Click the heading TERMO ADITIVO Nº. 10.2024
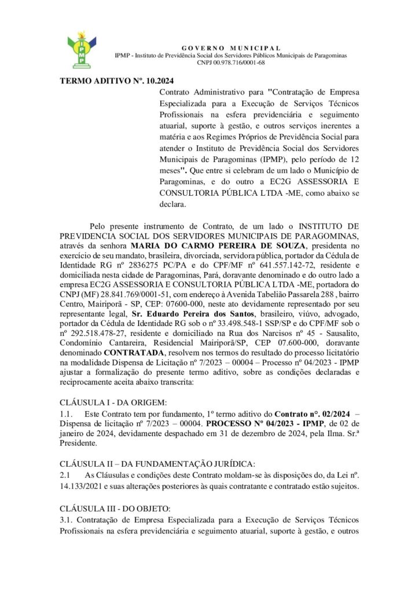(117, 80)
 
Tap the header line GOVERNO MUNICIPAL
(231, 47)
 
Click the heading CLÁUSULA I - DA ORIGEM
(113, 402)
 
